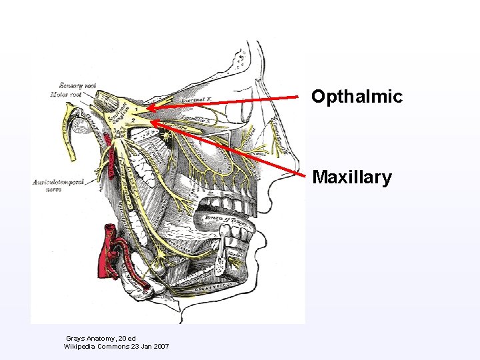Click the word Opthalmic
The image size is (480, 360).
357,97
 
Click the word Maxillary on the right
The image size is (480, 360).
352,178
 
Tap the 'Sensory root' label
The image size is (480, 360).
78,85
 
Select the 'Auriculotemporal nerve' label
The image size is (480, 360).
59,185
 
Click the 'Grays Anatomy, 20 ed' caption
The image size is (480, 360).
101,339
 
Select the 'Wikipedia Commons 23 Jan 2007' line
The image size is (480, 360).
116,347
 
